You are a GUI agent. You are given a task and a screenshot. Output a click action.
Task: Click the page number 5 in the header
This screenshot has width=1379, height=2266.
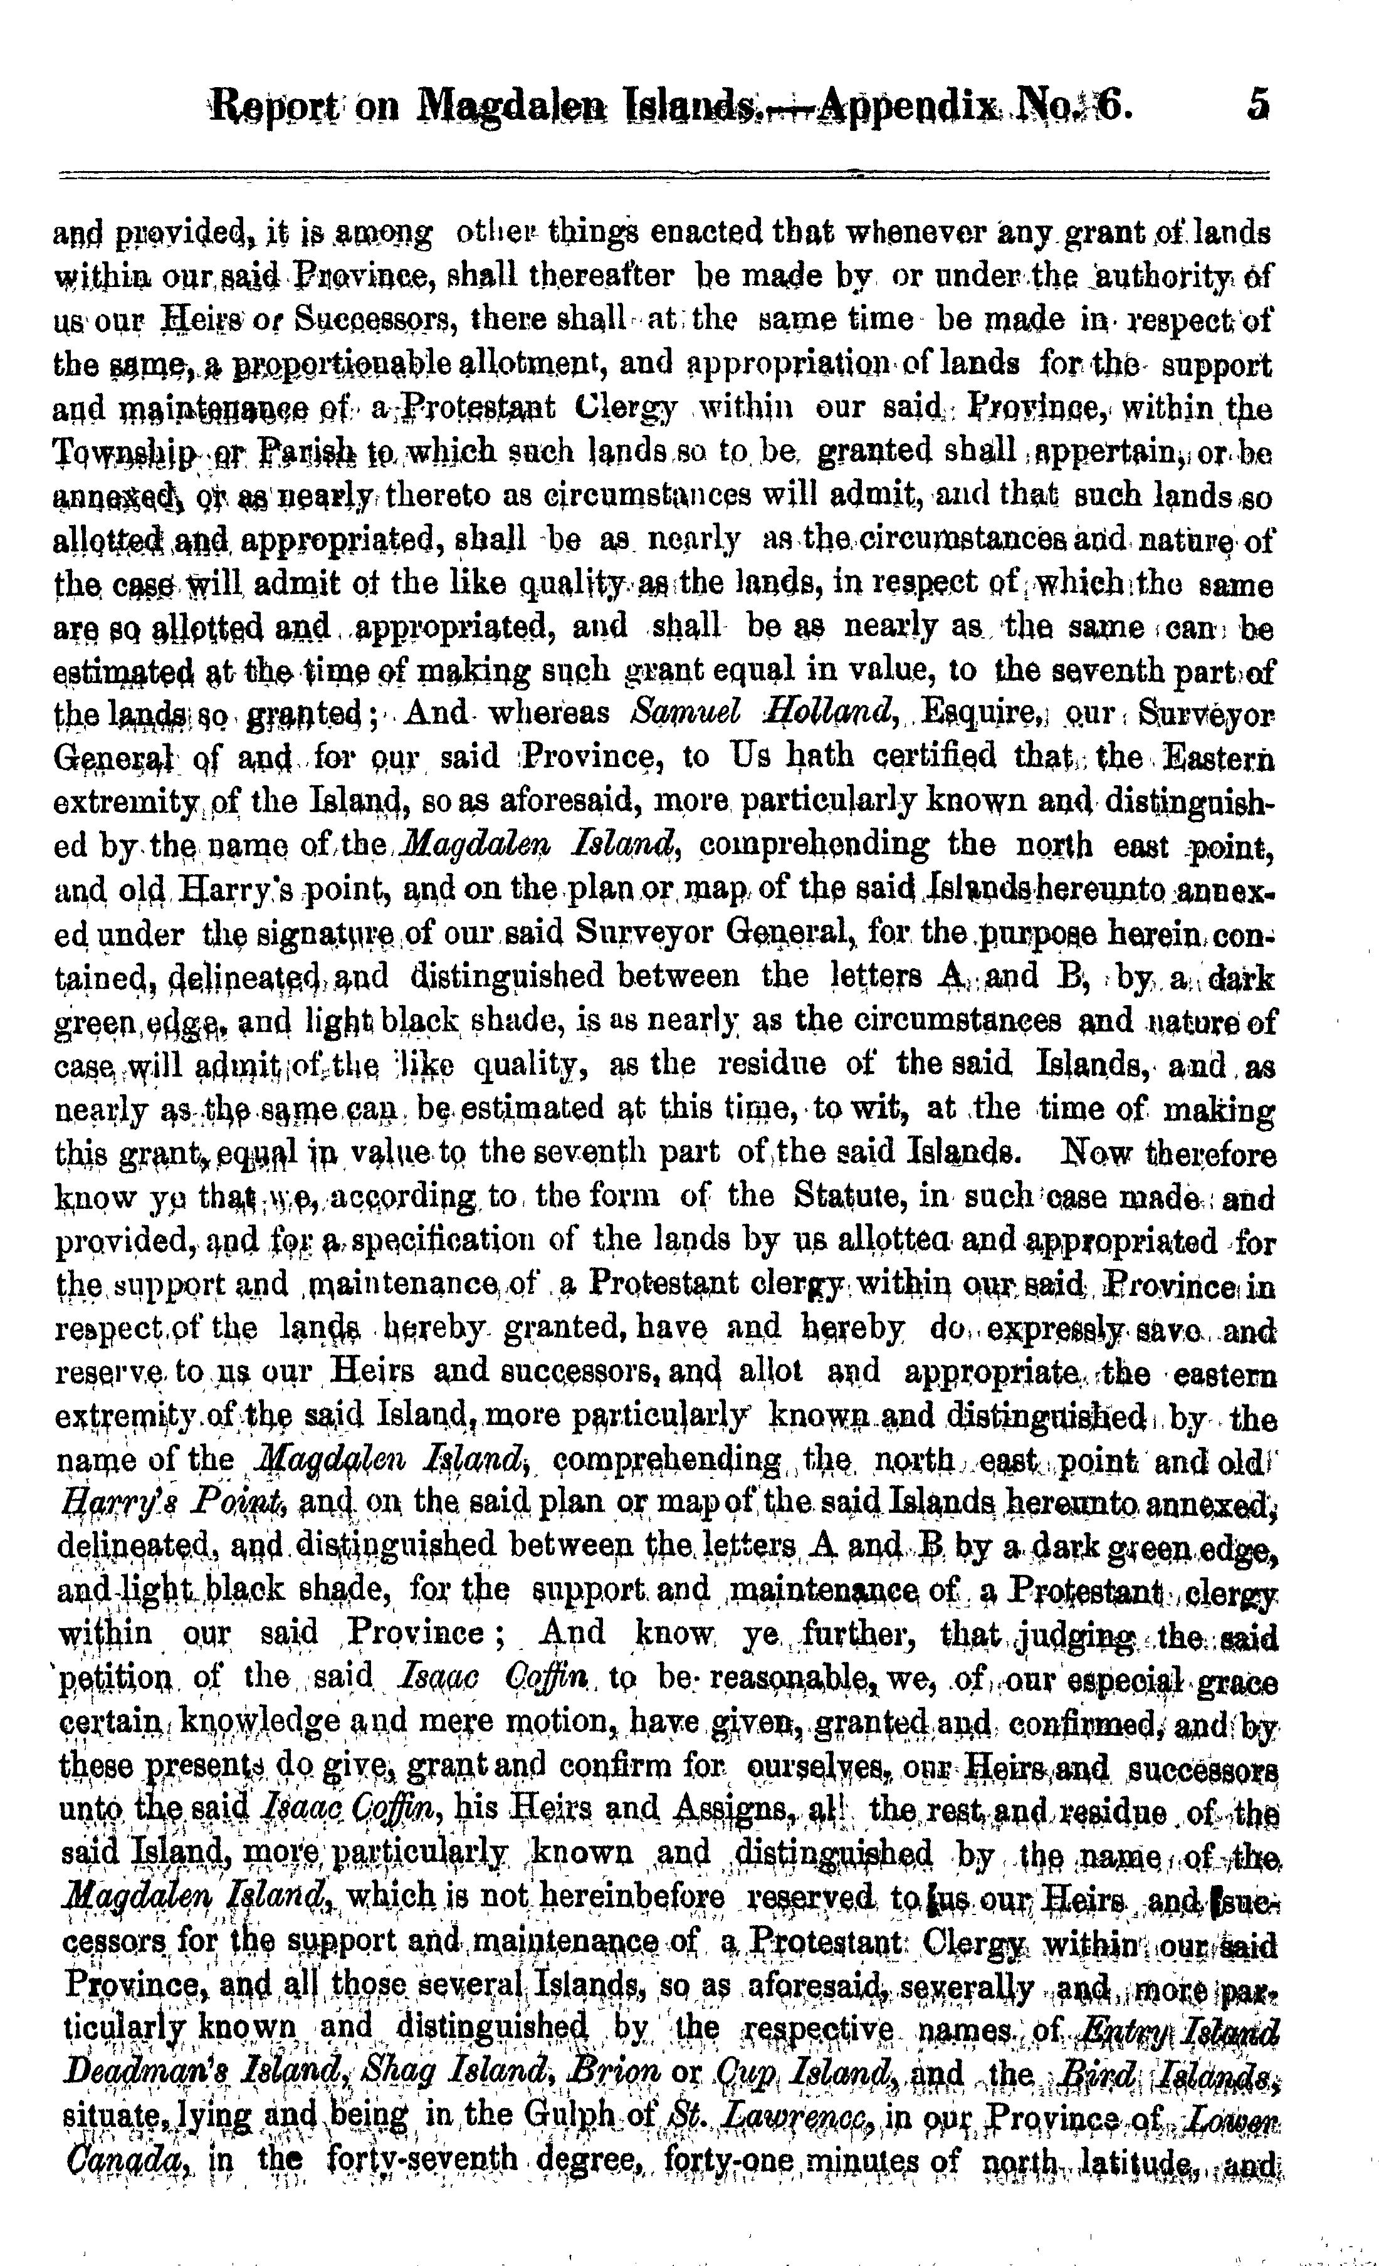coord(1257,104)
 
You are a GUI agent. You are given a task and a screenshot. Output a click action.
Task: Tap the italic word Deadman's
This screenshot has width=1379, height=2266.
coord(145,2072)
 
